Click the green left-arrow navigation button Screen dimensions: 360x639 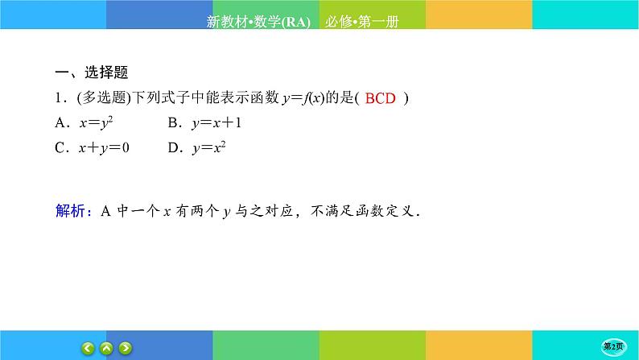coord(89,348)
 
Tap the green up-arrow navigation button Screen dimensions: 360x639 coord(107,348)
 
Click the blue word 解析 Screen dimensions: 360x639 coord(71,213)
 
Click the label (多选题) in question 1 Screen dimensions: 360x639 coord(100,99)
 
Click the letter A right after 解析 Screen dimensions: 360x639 coord(105,213)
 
